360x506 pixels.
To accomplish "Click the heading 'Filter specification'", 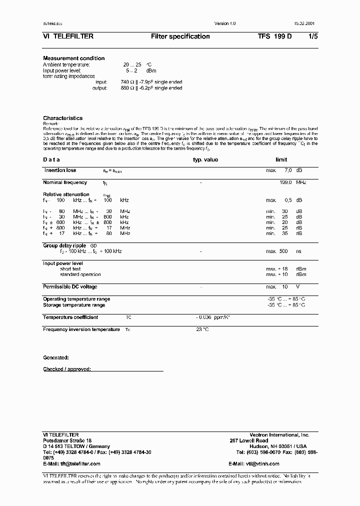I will tap(180, 36).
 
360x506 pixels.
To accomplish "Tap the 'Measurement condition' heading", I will tap(73, 58).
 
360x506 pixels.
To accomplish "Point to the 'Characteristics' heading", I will tap(62, 118).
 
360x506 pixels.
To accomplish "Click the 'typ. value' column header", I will tap(205, 160).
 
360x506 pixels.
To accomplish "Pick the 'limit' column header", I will tap(281, 160).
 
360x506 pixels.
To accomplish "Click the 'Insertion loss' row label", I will tap(60, 170).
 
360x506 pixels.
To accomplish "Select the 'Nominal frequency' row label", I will tap(65, 182).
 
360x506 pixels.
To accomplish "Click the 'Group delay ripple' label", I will tap(65, 245).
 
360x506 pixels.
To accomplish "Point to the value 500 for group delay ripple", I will tap(283, 251).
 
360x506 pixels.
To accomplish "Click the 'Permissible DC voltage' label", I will tap(70, 287).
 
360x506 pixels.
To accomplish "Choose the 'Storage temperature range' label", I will tap(74, 305).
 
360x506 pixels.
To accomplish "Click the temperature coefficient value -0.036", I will tap(204, 317).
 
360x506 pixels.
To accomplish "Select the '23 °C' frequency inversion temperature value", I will tap(202, 329).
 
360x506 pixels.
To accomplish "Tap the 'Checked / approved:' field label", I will tap(66, 369).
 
